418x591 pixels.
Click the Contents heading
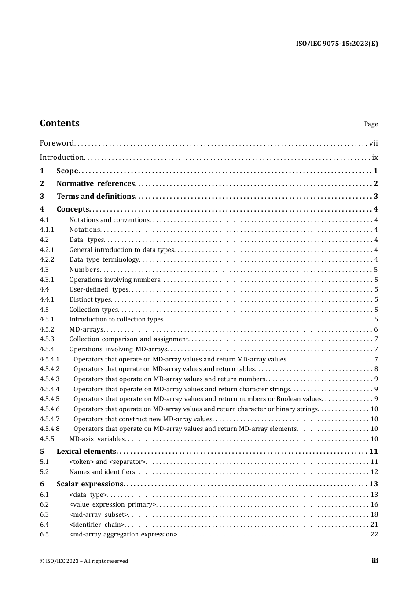click(x=59, y=123)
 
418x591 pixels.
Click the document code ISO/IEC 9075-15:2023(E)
click(x=337, y=44)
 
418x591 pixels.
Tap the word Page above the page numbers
click(x=370, y=124)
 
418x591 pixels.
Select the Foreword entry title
click(x=57, y=143)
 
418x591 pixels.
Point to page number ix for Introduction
click(x=375, y=157)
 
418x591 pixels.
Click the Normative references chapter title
click(x=95, y=184)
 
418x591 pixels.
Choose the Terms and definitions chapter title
click(x=95, y=197)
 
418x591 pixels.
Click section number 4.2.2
click(x=47, y=259)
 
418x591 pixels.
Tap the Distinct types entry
click(x=90, y=299)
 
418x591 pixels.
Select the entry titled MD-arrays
click(x=86, y=329)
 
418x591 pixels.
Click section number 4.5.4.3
click(x=50, y=379)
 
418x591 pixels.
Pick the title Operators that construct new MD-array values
click(x=143, y=419)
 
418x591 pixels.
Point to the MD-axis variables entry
click(x=97, y=439)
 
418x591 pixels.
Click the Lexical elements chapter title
click(x=86, y=452)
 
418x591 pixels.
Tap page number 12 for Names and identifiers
click(x=374, y=472)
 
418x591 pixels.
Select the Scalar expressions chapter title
click(x=90, y=484)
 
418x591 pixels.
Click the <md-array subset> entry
click(x=99, y=514)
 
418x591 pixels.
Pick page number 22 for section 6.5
click(x=374, y=534)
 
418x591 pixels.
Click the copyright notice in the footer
click(x=84, y=561)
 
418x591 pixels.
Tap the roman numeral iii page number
click(x=374, y=561)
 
